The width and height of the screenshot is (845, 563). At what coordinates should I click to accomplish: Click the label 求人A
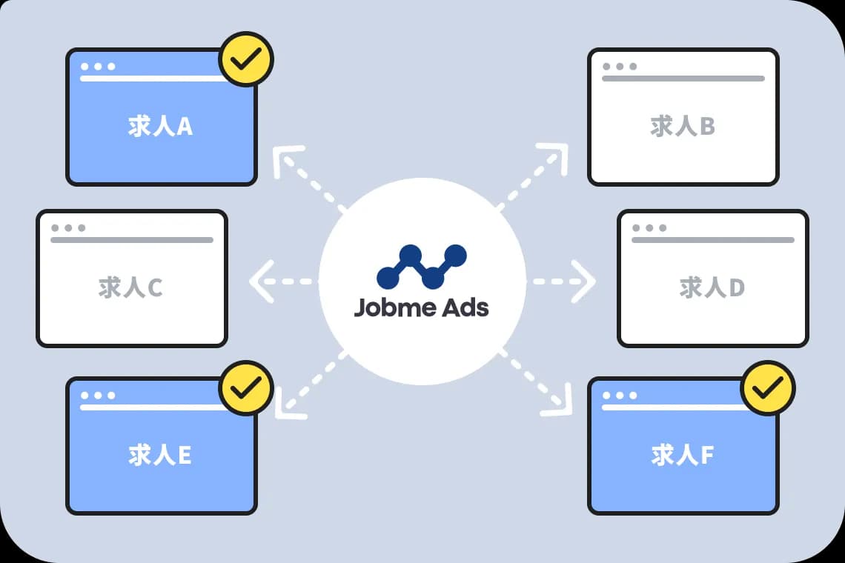tap(160, 126)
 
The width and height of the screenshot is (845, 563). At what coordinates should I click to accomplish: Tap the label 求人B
tap(682, 126)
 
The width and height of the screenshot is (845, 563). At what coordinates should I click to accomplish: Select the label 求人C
tap(130, 287)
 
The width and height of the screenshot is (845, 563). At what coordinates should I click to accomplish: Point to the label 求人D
tap(712, 287)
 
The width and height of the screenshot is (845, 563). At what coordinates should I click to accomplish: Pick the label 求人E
tap(160, 456)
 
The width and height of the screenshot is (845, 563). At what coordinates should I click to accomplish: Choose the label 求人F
tap(682, 456)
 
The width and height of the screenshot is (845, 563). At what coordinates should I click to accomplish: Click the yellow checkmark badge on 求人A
tap(246, 59)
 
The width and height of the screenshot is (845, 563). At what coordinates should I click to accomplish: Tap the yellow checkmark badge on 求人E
tap(246, 388)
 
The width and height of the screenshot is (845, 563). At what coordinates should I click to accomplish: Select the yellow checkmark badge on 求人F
tap(767, 388)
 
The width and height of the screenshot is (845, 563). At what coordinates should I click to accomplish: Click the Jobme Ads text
tap(422, 307)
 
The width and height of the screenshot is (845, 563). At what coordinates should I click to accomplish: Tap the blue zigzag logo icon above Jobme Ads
tap(422, 266)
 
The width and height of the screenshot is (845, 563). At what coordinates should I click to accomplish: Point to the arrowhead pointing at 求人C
tap(262, 281)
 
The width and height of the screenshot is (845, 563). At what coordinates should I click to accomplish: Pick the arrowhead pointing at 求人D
tap(583, 281)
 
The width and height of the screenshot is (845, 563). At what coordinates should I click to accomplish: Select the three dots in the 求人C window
tap(68, 228)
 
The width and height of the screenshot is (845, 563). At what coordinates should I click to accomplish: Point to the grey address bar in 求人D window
tap(713, 240)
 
